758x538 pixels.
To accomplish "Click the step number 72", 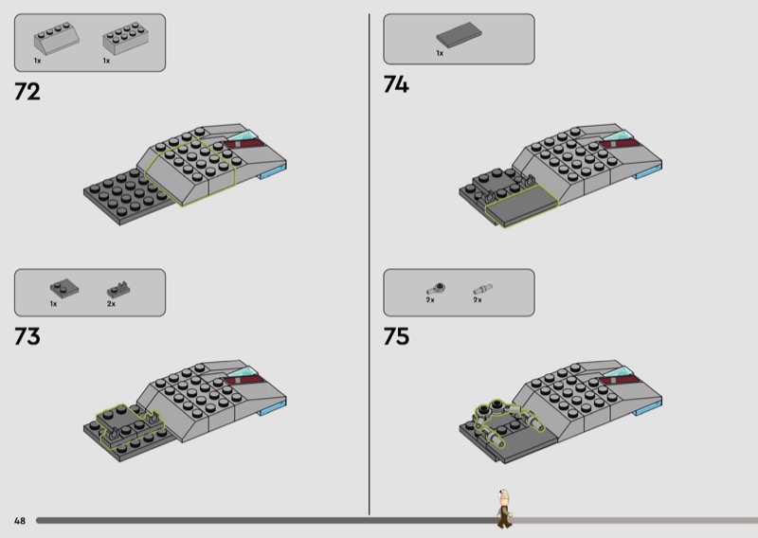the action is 27,91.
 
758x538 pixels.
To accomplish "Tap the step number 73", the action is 27,336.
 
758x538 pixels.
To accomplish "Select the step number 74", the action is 396,84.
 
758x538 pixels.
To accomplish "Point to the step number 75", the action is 396,336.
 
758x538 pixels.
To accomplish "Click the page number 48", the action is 19,521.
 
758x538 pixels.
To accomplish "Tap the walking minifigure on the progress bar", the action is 504,508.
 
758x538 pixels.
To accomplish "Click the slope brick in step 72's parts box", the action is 56,38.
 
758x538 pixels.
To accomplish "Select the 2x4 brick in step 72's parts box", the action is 125,38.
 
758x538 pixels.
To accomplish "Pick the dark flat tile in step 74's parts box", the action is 459,35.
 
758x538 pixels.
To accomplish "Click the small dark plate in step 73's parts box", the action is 64,288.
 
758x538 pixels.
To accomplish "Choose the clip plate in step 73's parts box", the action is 119,290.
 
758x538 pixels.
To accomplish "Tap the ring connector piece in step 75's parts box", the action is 436,289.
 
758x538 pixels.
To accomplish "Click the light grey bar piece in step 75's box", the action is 482,289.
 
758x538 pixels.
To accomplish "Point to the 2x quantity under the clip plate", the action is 111,304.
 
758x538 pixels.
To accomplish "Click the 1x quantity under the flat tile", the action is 440,53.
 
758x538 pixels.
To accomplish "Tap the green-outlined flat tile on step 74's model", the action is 522,206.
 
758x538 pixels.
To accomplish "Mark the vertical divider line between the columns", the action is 370,264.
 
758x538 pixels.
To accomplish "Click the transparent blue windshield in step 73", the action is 241,372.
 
